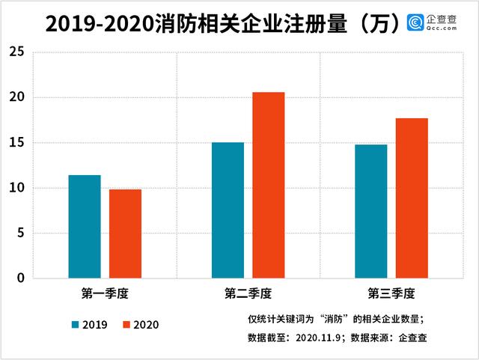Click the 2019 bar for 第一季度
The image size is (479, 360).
click(x=85, y=227)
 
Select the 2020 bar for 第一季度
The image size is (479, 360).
click(x=125, y=234)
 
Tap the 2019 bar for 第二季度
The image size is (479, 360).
click(x=228, y=210)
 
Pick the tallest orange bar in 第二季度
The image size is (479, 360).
click(x=268, y=185)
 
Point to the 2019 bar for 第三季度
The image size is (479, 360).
click(x=370, y=211)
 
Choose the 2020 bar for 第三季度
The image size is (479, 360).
click(x=412, y=198)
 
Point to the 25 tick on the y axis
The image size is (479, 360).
click(x=16, y=52)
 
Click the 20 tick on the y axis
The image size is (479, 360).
click(x=16, y=97)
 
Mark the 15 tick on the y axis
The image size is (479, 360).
click(x=16, y=143)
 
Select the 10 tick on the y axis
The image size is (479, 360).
click(x=16, y=188)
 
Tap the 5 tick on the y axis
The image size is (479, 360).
click(x=20, y=234)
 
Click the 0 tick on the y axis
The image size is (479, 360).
click(x=20, y=278)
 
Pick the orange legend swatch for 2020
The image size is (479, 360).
click(x=126, y=325)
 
